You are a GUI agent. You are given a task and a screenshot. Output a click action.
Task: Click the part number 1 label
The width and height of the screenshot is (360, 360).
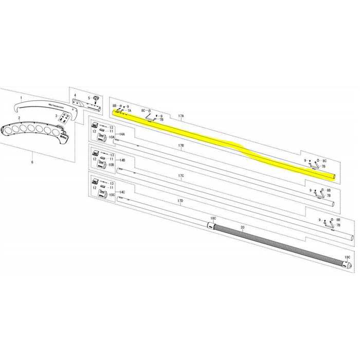tap(21, 97)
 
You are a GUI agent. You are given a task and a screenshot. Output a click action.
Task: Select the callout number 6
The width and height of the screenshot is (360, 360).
tap(32, 162)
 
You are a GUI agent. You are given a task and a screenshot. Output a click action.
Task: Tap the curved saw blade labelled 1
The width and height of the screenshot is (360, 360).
tap(41, 106)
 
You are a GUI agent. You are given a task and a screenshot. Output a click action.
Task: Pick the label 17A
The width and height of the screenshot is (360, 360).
tap(181, 117)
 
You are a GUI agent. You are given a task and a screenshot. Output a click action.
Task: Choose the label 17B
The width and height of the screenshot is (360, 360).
tap(181, 147)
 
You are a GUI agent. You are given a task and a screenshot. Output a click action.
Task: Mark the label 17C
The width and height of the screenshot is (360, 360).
tap(181, 176)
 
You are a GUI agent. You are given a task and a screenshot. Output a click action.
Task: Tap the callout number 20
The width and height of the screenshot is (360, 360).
tap(242, 226)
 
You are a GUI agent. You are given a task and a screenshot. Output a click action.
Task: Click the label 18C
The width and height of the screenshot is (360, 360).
tap(213, 219)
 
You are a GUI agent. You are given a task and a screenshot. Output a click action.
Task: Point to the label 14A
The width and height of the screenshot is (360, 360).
tap(122, 134)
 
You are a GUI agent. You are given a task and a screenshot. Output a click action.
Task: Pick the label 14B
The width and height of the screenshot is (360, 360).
tap(122, 160)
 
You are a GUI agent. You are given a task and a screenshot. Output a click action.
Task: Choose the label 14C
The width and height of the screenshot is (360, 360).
tap(122, 192)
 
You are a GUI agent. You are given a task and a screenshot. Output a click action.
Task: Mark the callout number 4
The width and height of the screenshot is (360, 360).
tap(75, 95)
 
